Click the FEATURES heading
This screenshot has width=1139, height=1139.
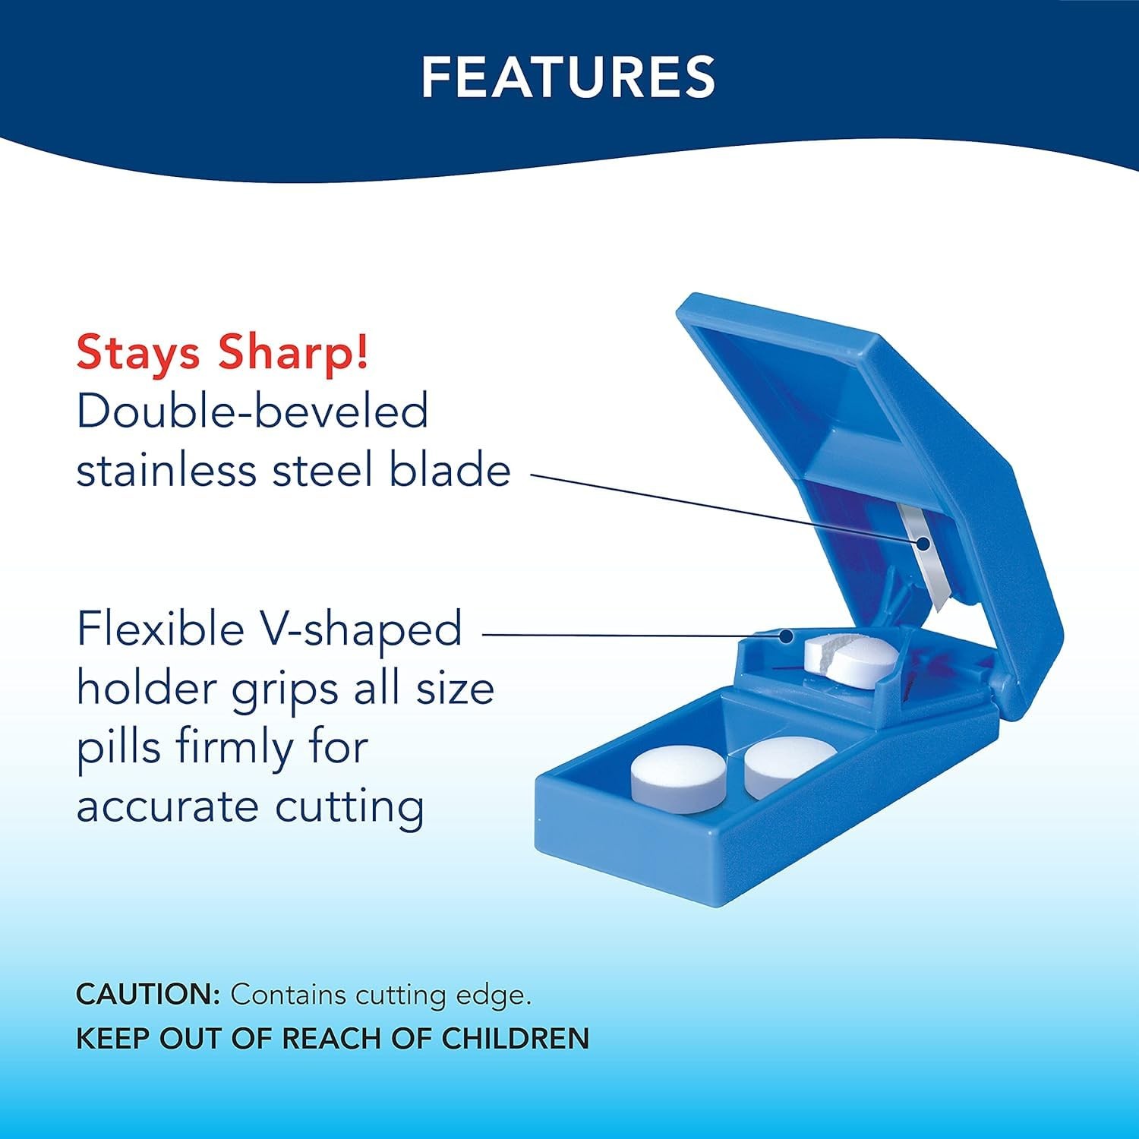pos(569,76)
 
